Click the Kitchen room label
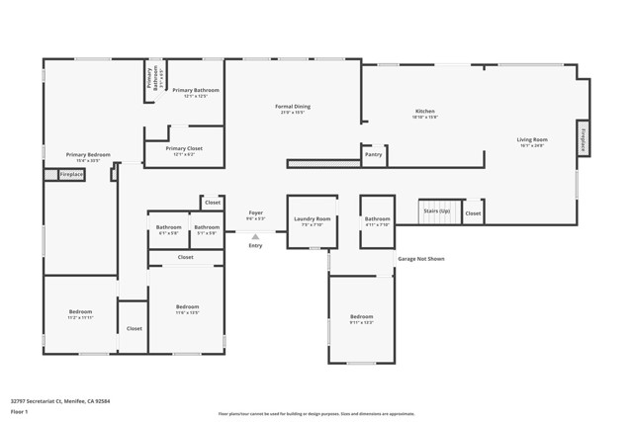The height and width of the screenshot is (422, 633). (x=424, y=112)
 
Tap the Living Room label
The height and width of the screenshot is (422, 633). (x=531, y=140)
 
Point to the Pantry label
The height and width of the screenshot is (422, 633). (x=373, y=154)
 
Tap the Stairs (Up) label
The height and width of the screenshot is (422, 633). (x=436, y=211)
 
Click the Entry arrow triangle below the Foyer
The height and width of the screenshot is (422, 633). (x=255, y=237)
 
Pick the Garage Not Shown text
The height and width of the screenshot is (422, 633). (x=421, y=259)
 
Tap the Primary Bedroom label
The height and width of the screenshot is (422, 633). (x=88, y=155)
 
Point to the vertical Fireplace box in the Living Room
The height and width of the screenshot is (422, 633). (x=584, y=138)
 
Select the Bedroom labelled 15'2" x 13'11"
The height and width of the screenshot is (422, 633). (x=80, y=312)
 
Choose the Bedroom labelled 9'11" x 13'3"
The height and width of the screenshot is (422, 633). (x=361, y=317)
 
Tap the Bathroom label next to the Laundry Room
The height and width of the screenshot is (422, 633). (x=377, y=219)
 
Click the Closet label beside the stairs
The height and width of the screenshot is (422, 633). (x=473, y=212)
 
